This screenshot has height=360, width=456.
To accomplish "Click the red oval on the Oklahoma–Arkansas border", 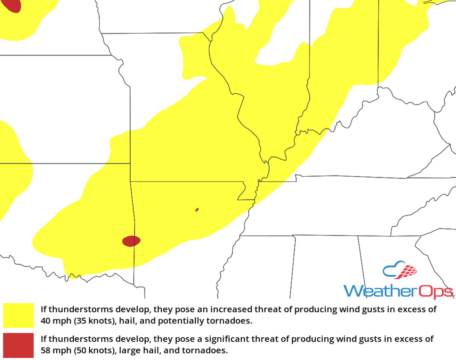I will (131, 241).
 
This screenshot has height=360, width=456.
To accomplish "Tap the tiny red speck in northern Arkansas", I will (197, 210).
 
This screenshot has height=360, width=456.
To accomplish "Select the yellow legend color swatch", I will (18, 315).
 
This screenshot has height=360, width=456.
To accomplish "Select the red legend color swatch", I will (18, 345).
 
